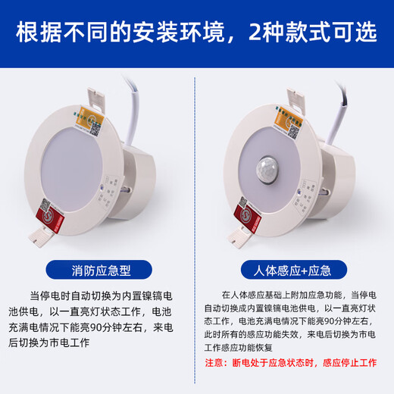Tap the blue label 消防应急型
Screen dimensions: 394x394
pyautogui.click(x=98, y=269)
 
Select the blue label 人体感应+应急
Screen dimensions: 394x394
pyautogui.click(x=295, y=269)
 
